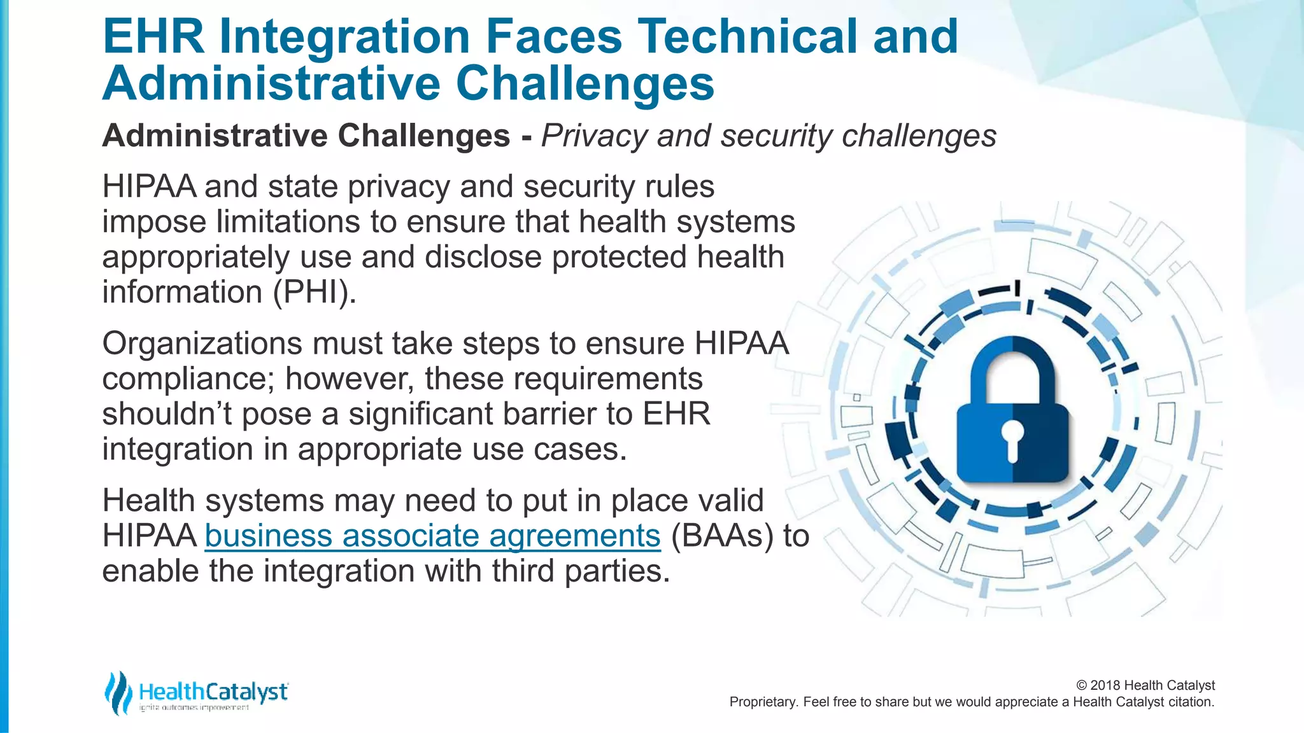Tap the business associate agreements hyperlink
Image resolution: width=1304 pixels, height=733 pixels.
click(x=432, y=536)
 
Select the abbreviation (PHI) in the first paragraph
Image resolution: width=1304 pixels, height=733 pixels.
click(x=315, y=292)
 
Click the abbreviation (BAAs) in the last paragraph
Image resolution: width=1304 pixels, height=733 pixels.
click(x=722, y=536)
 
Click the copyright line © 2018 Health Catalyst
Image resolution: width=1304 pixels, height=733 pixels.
click(x=1145, y=685)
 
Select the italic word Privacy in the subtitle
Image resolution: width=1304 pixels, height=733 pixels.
click(x=593, y=136)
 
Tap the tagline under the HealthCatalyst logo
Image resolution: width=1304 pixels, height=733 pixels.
click(x=194, y=708)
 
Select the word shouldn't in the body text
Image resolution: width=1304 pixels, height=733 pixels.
click(x=166, y=414)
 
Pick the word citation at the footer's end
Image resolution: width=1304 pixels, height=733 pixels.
click(x=1191, y=702)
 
